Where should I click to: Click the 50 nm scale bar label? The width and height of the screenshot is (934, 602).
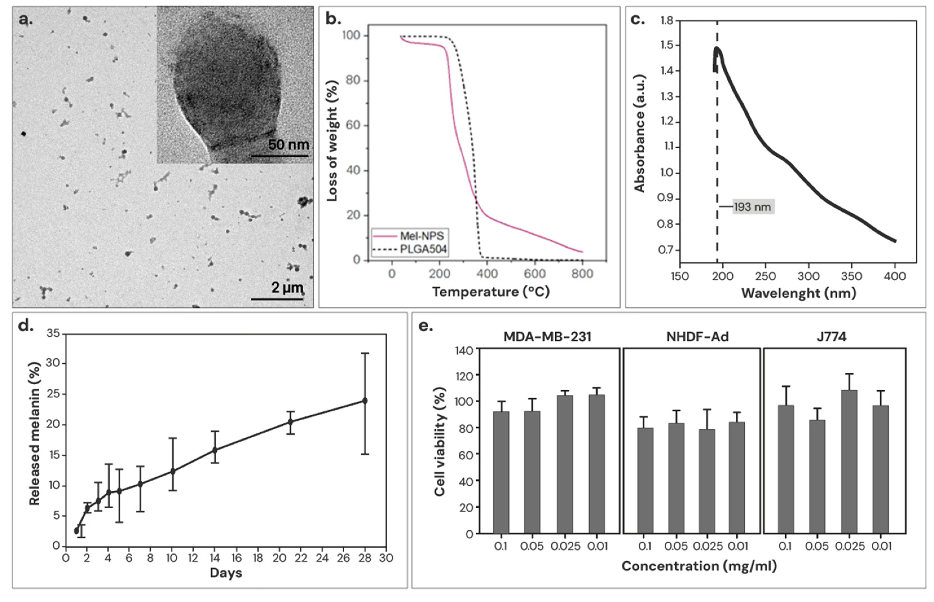[x=288, y=145]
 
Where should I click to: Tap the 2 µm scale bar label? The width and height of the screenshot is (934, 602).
[x=287, y=288]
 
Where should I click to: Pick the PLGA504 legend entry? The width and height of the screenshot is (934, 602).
[x=423, y=249]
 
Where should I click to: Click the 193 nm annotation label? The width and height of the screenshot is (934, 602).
[x=752, y=207]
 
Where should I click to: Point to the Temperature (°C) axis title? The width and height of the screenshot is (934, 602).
[x=491, y=292]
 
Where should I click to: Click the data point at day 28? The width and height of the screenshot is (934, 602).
[x=365, y=401]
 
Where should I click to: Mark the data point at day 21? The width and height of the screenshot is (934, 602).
[x=290, y=422]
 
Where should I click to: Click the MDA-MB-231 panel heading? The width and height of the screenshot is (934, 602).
[x=547, y=337]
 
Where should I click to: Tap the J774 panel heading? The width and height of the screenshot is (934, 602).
[x=831, y=337]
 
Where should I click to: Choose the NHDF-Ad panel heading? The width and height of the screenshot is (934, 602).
[x=697, y=337]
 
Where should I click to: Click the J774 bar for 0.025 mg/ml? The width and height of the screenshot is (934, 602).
[x=849, y=461]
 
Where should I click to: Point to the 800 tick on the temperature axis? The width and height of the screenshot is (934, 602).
[x=582, y=274]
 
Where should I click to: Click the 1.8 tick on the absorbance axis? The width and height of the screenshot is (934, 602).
[x=667, y=20]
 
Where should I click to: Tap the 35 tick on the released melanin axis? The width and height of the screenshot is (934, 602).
[x=53, y=333]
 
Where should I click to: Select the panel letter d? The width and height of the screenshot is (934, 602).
[x=25, y=326]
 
